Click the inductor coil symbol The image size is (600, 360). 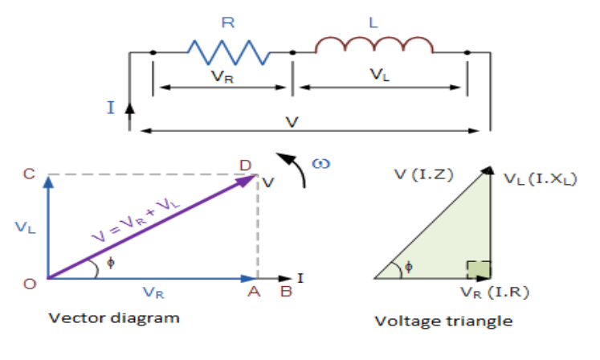click(x=373, y=47)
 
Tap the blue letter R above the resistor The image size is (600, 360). click(x=227, y=23)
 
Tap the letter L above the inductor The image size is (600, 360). click(x=373, y=22)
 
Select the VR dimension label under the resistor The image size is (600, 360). click(x=222, y=77)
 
